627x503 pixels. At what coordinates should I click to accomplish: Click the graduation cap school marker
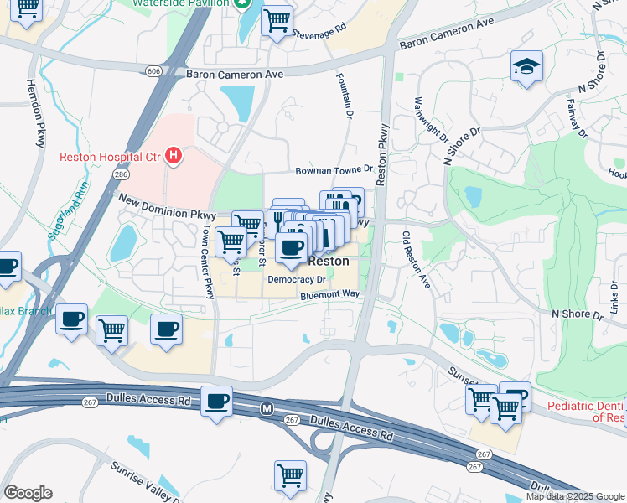(x=526, y=67)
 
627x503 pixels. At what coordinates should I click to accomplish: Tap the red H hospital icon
(x=174, y=155)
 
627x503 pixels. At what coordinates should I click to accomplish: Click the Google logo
(x=28, y=493)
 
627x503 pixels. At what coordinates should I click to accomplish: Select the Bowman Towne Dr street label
(x=333, y=170)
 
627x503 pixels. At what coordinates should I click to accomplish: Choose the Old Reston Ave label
(x=415, y=260)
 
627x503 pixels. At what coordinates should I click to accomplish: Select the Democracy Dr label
(x=302, y=278)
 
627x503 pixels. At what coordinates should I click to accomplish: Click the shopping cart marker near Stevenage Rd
(x=277, y=19)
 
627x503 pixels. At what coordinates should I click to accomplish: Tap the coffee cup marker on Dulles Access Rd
(x=217, y=400)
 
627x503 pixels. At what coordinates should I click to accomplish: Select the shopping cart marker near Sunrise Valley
(x=290, y=475)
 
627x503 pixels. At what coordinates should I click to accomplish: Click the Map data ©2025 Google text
(x=574, y=496)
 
